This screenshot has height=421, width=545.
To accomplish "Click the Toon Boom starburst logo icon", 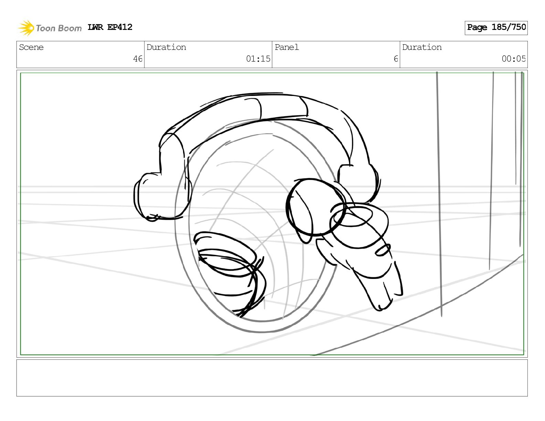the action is pyautogui.click(x=26, y=28).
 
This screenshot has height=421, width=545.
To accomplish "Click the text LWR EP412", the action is pyautogui.click(x=110, y=27).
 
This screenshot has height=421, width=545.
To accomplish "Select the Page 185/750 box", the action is pyautogui.click(x=496, y=28).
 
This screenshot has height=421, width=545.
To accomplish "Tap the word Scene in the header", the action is pyautogui.click(x=31, y=47).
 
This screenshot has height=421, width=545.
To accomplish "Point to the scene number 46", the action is pyautogui.click(x=138, y=59).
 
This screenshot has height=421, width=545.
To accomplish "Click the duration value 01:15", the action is pyautogui.click(x=258, y=59).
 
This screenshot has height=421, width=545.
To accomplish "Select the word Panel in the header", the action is pyautogui.click(x=287, y=47).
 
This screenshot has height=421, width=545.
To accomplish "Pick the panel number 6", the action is pyautogui.click(x=396, y=59).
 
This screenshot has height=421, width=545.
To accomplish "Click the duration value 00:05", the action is pyautogui.click(x=514, y=59).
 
